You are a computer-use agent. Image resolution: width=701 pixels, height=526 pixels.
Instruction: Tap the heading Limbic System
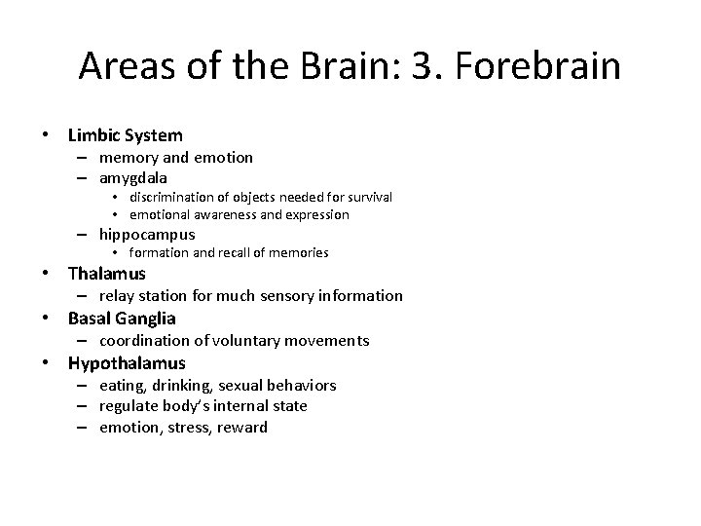126,135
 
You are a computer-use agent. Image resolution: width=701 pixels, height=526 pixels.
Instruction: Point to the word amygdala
133,178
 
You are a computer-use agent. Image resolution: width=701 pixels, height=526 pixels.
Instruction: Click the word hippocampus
147,234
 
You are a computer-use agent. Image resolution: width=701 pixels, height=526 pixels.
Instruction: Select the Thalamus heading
107,274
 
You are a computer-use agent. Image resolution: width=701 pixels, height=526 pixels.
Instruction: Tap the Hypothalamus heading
127,363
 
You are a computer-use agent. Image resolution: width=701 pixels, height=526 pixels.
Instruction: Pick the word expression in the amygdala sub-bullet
314,214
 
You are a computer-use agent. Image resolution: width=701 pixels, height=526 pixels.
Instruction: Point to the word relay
118,295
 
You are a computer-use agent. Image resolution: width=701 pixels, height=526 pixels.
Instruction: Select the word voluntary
261,340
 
